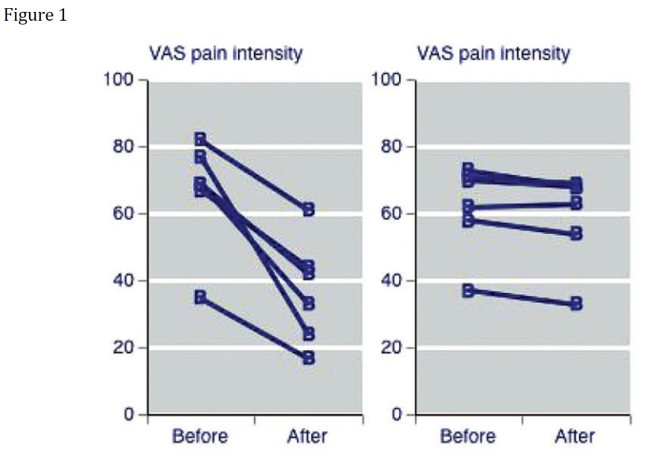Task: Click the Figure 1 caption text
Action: [36, 16]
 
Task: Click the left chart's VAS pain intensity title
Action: [226, 54]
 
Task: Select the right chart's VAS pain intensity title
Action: [493, 54]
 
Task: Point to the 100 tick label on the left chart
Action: [119, 80]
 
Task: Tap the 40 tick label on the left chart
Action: [124, 281]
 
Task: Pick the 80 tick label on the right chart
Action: [391, 147]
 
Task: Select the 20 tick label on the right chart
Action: [391, 348]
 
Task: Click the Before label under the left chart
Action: [200, 436]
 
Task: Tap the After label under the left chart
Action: [307, 436]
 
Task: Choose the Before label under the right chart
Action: [467, 436]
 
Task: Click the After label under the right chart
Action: [575, 436]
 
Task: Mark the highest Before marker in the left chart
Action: [200, 139]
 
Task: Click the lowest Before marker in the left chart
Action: [200, 297]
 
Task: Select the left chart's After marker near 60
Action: [308, 210]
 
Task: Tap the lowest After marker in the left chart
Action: [308, 358]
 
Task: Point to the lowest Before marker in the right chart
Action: [468, 291]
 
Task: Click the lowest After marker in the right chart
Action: [576, 304]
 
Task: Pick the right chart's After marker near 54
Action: [576, 234]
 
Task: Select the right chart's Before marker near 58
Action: [468, 221]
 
